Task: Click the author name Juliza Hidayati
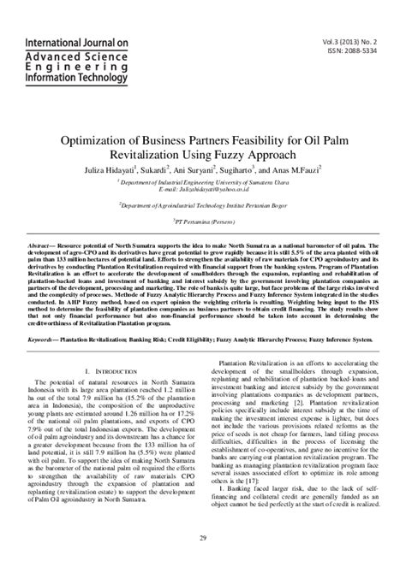point(131,170)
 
